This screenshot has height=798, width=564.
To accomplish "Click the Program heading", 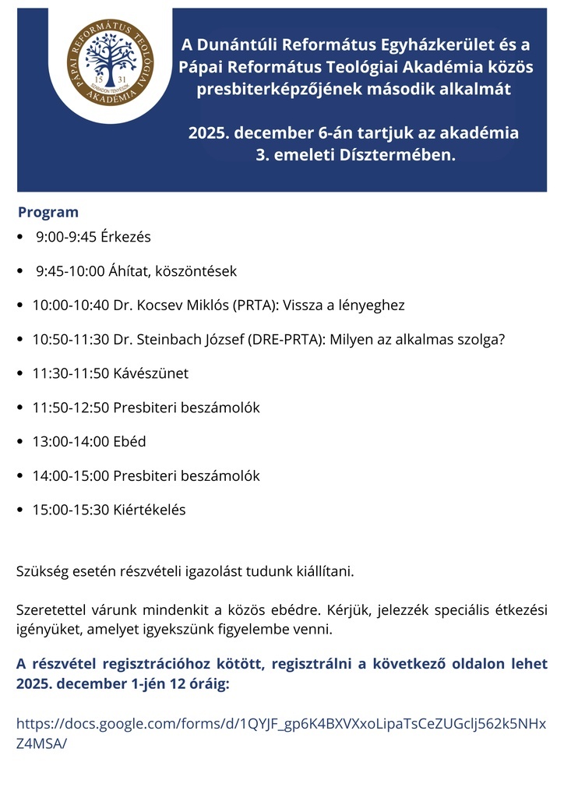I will click(48, 212).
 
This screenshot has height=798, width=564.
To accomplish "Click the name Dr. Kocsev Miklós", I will click(171, 305).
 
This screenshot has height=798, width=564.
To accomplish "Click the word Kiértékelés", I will click(150, 510).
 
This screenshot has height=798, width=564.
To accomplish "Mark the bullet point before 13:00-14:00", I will click(20, 442).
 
